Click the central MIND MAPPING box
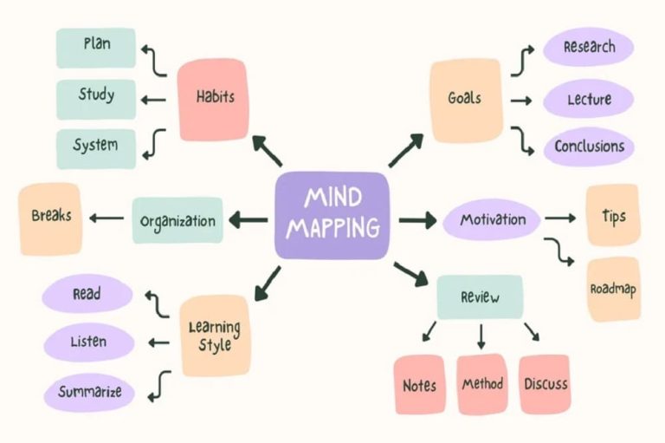[x=332, y=215]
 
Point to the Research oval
[x=589, y=48]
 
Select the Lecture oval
[x=589, y=99]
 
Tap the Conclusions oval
[x=589, y=147]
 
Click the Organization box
[x=178, y=220]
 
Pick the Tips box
[x=613, y=215]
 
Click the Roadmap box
[x=613, y=289]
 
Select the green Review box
[x=480, y=297]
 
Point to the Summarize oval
[x=89, y=391]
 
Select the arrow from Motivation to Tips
[x=559, y=219]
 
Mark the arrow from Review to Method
[x=481, y=335]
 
